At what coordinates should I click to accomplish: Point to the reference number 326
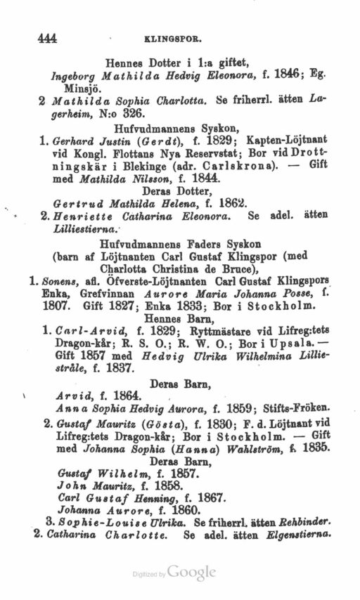tap(133, 114)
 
